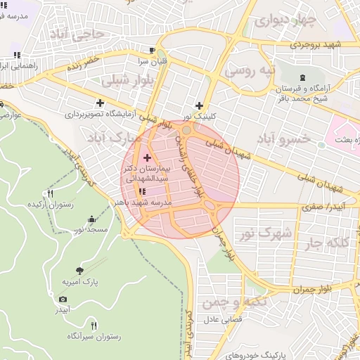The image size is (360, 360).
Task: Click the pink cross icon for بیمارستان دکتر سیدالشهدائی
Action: tap(147, 157)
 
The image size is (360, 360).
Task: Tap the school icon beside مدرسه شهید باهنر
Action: tap(143, 191)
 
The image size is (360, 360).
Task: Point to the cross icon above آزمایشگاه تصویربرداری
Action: tap(101, 103)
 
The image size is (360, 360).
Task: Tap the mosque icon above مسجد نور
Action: tap(91, 219)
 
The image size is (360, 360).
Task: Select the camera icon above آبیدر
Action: tap(63, 299)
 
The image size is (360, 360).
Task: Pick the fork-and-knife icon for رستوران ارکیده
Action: tap(50, 193)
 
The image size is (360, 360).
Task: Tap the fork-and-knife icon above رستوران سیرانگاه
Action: tap(70, 326)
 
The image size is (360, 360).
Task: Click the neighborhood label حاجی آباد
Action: tap(82, 33)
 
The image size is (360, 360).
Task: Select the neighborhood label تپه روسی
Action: tap(247, 71)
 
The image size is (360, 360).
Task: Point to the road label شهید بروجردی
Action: tap(331, 44)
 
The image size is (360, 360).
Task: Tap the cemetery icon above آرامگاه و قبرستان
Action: tap(302, 77)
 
